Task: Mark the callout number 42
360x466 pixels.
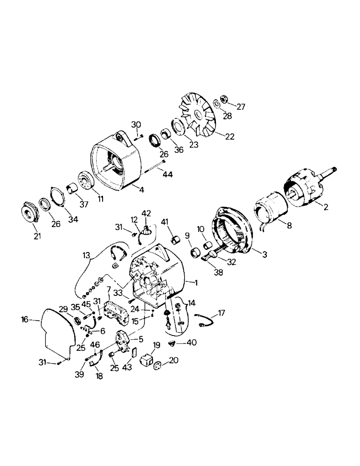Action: point(146,213)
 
